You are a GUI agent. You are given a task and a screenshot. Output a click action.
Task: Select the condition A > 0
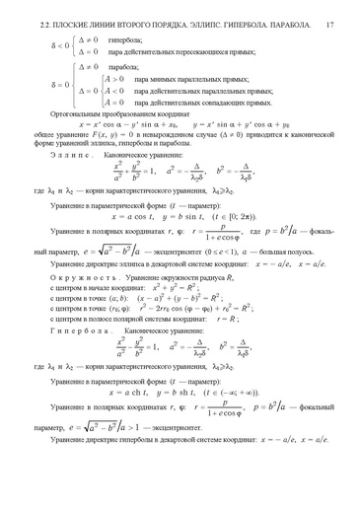116,76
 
